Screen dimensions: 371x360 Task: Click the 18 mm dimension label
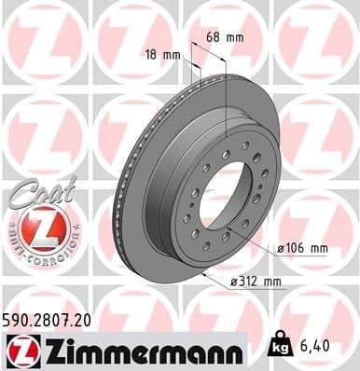click(164, 55)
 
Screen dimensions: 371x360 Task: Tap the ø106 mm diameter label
click(302, 249)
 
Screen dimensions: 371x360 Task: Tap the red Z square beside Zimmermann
click(19, 350)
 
